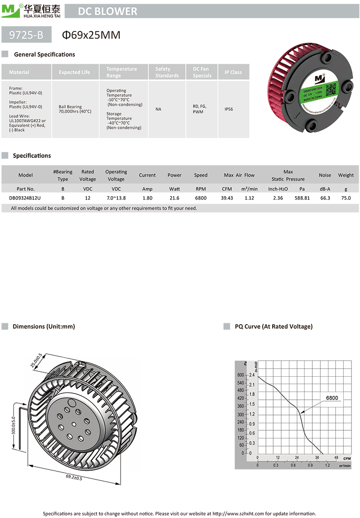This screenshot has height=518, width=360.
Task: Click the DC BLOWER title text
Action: click(x=108, y=11)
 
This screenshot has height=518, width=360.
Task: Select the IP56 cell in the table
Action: click(x=233, y=109)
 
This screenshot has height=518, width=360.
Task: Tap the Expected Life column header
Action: click(x=74, y=72)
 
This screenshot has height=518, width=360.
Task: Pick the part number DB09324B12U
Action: click(x=25, y=198)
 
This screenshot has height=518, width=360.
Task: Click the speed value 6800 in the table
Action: click(x=201, y=198)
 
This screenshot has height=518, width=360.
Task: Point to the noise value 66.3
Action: click(x=324, y=198)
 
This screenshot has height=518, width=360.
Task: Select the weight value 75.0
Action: click(x=346, y=198)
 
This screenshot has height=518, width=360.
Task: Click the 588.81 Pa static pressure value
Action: click(x=301, y=198)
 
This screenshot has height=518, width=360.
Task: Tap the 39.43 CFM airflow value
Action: click(x=227, y=198)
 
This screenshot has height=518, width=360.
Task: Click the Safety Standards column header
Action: click(x=167, y=72)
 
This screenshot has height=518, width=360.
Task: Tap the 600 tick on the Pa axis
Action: click(x=240, y=375)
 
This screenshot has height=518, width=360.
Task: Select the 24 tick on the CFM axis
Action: click(x=297, y=457)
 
